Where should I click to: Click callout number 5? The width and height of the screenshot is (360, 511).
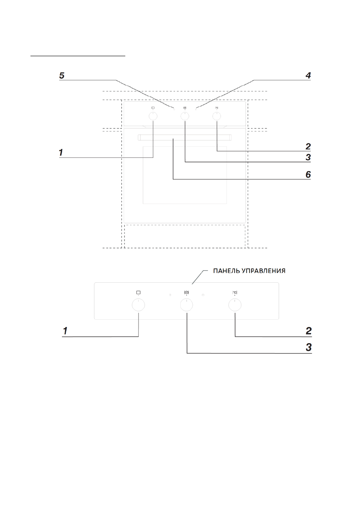point(62,76)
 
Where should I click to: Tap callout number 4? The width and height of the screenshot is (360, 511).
point(308,76)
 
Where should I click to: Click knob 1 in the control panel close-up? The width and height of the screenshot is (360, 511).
point(138,305)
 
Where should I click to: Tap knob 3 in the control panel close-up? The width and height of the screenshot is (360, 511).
point(187,305)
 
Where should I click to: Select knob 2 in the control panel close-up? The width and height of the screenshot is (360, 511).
point(235,305)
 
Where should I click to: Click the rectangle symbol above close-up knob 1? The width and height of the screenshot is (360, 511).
point(138,293)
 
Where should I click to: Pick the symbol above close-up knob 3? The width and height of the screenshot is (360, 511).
point(187,293)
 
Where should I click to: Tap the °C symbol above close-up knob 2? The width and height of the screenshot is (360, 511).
point(235,293)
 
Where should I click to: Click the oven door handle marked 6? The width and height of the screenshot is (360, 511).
point(185,137)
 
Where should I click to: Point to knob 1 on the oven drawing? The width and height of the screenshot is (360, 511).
point(153,116)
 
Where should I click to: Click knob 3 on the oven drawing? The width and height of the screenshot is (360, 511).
point(185,116)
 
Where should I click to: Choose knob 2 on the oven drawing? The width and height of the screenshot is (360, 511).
point(217,116)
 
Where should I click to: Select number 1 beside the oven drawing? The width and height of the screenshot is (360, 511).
point(62,152)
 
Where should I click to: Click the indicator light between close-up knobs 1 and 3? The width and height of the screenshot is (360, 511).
point(170,296)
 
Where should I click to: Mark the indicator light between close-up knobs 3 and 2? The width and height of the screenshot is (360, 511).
point(203,296)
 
